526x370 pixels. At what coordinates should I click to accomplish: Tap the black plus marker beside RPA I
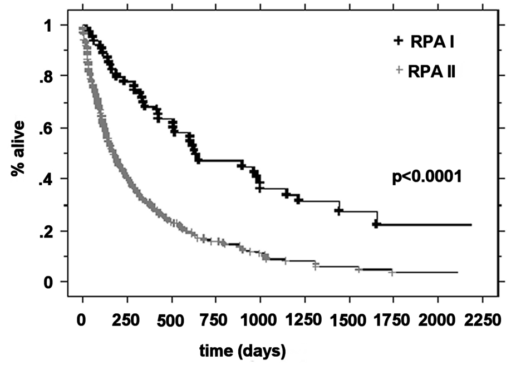coord(398,41)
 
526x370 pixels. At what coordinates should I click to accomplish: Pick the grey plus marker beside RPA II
coord(398,70)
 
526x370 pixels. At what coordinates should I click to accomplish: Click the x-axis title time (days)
coord(243,351)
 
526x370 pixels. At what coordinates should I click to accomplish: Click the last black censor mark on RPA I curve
coord(377,224)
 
